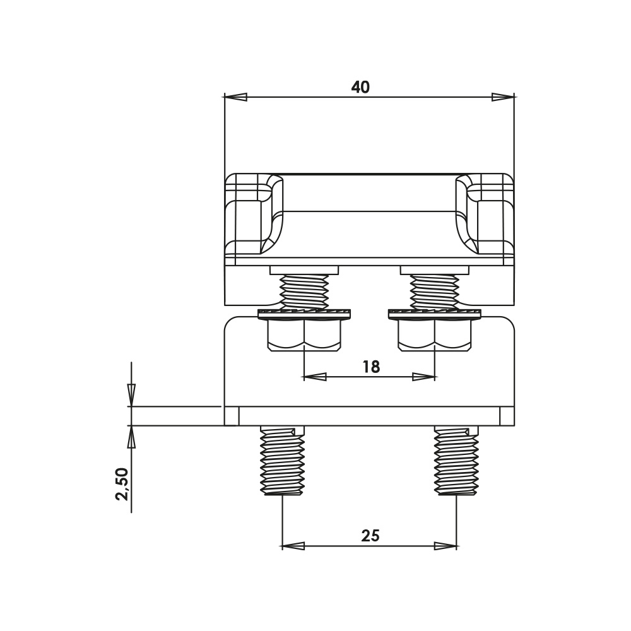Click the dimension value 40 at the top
pos(360,87)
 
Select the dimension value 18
pos(371,367)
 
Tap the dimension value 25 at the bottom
pos(370,536)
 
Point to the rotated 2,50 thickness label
pos(122,483)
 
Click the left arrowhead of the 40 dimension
pos(235,97)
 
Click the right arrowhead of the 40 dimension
pos(504,97)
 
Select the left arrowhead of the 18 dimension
pos(314,377)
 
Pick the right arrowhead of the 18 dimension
pos(424,377)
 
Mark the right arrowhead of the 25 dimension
pos(445,545)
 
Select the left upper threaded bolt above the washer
pos(305,291)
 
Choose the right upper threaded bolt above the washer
pos(434,291)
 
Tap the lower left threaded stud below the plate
pos(282,461)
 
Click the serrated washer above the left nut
pos(305,313)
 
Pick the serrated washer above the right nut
pos(435,313)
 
